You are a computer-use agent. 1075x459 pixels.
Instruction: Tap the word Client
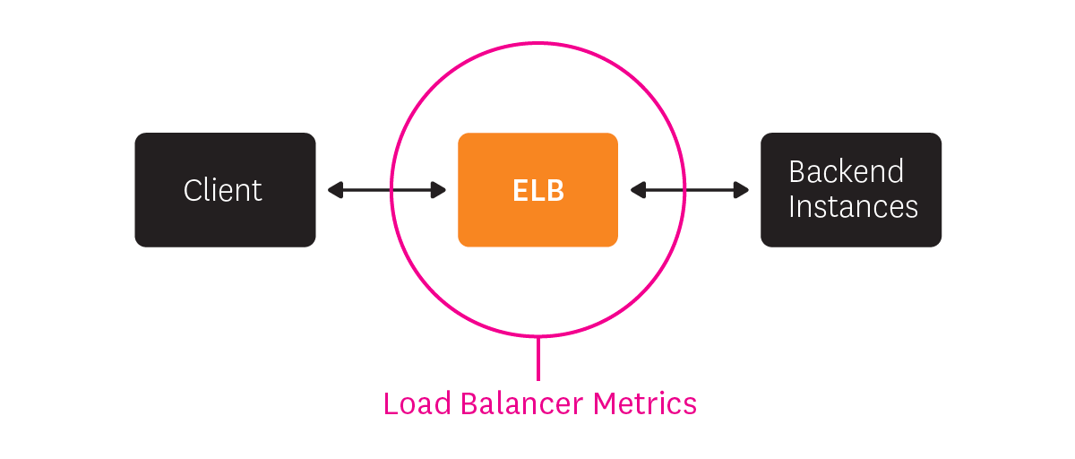(x=223, y=190)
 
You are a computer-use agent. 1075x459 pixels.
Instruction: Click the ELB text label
(x=538, y=191)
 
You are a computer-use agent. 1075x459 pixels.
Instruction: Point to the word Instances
(x=853, y=207)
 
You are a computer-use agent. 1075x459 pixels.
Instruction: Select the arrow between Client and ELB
(x=387, y=190)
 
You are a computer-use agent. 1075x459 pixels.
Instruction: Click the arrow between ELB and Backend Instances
(x=690, y=190)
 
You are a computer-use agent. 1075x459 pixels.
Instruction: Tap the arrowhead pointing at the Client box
(x=334, y=190)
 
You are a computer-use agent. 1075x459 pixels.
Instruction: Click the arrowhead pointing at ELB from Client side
(x=439, y=190)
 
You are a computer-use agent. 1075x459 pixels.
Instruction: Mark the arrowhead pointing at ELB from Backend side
(x=637, y=190)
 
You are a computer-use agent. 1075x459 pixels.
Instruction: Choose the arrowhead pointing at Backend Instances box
(x=742, y=190)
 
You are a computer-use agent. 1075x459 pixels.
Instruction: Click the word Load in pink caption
(x=417, y=403)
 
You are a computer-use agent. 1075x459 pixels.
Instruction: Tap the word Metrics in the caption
(x=645, y=403)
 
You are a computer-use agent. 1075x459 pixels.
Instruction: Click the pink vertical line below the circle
(x=538, y=359)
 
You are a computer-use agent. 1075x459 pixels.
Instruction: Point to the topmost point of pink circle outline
(x=538, y=42)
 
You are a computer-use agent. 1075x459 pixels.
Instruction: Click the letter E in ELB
(x=520, y=191)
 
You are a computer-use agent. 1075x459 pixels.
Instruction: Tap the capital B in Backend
(x=796, y=171)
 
